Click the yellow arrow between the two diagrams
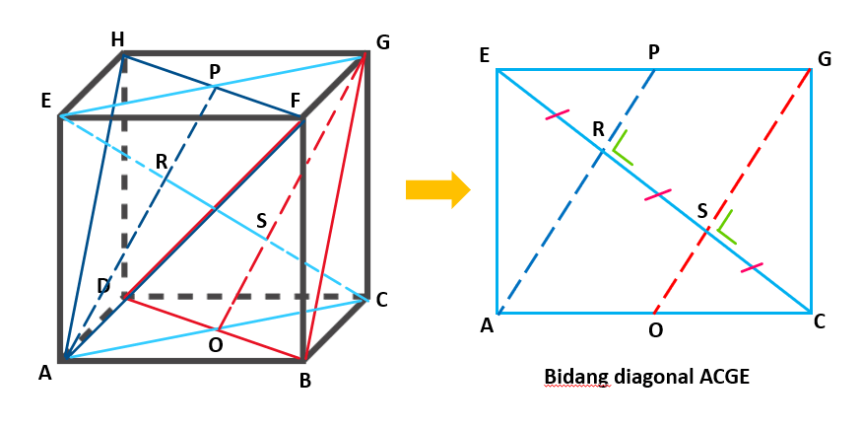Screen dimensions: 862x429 438,189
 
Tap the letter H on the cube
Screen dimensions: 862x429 117,39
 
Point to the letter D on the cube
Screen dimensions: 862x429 103,286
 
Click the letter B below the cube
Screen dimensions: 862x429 305,380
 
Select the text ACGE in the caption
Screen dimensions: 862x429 723,378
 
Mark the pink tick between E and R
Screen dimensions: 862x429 558,114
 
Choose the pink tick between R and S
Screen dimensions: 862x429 657,194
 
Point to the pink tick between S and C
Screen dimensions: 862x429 752,268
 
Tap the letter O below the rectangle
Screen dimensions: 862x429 656,330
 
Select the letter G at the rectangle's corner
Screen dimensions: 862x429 824,59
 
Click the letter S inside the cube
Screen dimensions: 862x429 262,221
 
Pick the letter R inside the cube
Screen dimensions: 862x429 162,162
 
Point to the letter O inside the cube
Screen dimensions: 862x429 216,344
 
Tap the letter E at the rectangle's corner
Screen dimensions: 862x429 485,56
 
